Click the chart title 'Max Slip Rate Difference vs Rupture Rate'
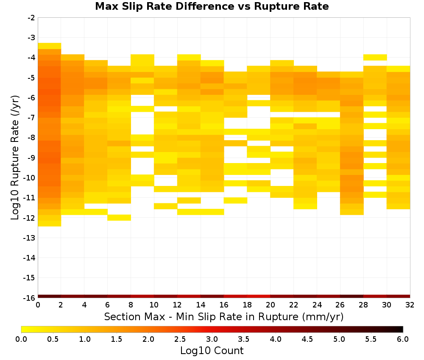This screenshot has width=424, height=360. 212,6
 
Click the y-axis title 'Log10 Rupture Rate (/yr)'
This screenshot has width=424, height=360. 15,158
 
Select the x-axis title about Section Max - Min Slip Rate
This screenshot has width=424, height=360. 223,316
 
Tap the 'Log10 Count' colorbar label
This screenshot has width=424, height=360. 212,351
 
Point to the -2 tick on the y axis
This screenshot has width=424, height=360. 31,18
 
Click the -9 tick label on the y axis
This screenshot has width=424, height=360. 31,158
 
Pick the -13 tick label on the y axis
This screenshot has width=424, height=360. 30,238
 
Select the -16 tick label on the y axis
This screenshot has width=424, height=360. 30,298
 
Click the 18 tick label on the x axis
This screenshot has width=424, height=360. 247,305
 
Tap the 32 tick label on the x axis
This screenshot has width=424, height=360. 410,305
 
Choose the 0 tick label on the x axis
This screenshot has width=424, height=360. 38,305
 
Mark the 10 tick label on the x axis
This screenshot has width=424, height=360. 154,305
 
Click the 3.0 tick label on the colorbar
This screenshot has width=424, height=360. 212,339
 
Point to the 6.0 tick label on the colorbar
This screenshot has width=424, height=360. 403,339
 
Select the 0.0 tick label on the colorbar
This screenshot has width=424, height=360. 21,339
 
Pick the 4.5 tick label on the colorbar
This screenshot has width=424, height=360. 307,339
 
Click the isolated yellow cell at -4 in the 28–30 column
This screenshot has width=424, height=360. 375,57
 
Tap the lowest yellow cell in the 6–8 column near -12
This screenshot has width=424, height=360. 119,218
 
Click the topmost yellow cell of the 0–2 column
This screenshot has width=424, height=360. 50,46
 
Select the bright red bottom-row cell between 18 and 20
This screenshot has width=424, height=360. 259,296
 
